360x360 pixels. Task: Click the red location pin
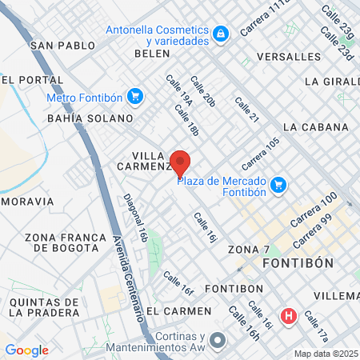click(x=180, y=163)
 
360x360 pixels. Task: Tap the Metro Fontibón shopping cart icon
click(x=134, y=97)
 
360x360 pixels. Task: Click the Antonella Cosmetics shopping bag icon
click(x=220, y=33)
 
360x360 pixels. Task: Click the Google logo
click(x=26, y=350)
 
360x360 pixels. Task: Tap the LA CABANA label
click(x=315, y=127)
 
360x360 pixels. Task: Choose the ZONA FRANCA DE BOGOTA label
click(x=66, y=242)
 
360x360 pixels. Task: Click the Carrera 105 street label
click(x=262, y=153)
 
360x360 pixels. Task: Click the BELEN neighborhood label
click(x=153, y=53)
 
